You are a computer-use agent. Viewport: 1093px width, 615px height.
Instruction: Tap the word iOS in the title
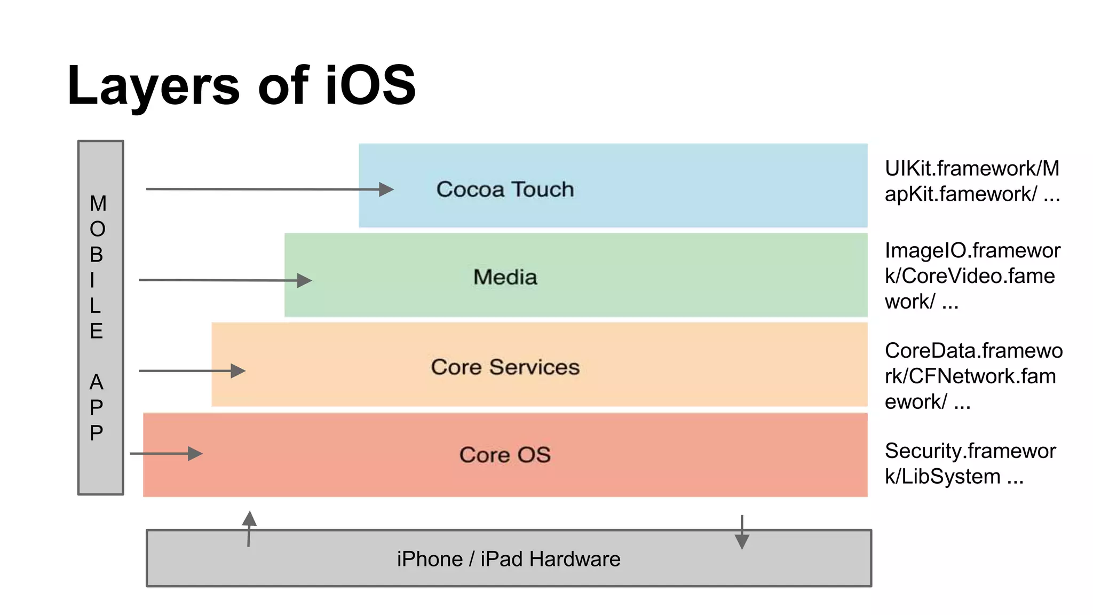pyautogui.click(x=370, y=85)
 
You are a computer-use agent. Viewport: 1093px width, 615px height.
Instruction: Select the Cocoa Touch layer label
pyautogui.click(x=505, y=190)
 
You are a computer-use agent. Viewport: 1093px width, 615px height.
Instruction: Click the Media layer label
pyautogui.click(x=505, y=277)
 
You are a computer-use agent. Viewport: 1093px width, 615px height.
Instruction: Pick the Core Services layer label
pyautogui.click(x=505, y=367)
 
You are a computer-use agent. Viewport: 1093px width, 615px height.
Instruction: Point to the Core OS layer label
pyautogui.click(x=505, y=455)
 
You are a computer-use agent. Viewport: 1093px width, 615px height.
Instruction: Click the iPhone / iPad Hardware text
pyautogui.click(x=509, y=559)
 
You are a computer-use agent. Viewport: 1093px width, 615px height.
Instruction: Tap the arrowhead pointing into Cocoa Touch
pyautogui.click(x=386, y=190)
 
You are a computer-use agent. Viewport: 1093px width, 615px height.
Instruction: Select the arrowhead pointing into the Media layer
pyautogui.click(x=304, y=280)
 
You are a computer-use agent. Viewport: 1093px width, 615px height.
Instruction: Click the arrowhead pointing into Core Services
pyautogui.click(x=237, y=370)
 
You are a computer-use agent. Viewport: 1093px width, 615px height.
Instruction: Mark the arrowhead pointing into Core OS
pyautogui.click(x=195, y=454)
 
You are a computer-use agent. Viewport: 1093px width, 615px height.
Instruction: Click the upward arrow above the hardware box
pyautogui.click(x=249, y=519)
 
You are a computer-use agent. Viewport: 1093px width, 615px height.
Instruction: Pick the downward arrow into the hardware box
pyautogui.click(x=742, y=541)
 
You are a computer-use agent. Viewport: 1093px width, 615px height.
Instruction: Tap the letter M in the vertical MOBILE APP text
pyautogui.click(x=98, y=203)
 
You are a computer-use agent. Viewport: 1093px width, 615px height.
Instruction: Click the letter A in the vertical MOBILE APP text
pyautogui.click(x=97, y=382)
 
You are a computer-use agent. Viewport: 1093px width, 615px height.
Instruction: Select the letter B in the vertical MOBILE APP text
pyautogui.click(x=97, y=255)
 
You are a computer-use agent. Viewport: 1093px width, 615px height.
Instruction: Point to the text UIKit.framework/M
pyautogui.click(x=972, y=169)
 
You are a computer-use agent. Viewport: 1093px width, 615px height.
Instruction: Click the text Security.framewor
pyautogui.click(x=970, y=451)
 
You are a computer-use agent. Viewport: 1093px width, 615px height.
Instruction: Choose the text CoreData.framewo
pyautogui.click(x=973, y=351)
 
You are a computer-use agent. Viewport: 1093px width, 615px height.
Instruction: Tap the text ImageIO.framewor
pyautogui.click(x=972, y=250)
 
